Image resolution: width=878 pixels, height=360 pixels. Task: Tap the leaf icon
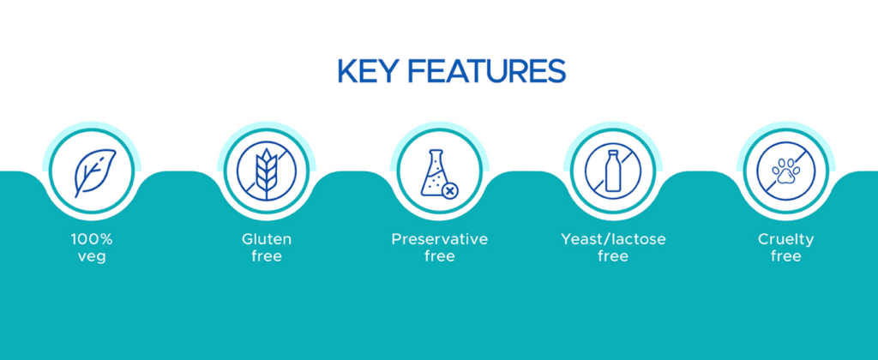pos(94,172)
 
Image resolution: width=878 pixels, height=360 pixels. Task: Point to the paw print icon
pos(786,171)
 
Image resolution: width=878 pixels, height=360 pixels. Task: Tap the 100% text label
pos(92,240)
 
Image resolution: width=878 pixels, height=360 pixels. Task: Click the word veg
pos(92,257)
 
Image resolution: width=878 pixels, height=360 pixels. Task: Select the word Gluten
pos(267,240)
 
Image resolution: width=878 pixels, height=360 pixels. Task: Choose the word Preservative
pos(440,240)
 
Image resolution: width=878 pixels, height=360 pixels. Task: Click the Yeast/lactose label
pos(613,240)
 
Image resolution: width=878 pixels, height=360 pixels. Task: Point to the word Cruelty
pos(786,240)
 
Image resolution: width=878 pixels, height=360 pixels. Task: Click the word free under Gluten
pos(267,257)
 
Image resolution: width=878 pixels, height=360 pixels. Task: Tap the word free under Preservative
pos(440,257)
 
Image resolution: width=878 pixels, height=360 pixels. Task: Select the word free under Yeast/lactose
pos(613,257)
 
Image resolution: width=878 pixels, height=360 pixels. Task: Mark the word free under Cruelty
pos(786,257)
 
